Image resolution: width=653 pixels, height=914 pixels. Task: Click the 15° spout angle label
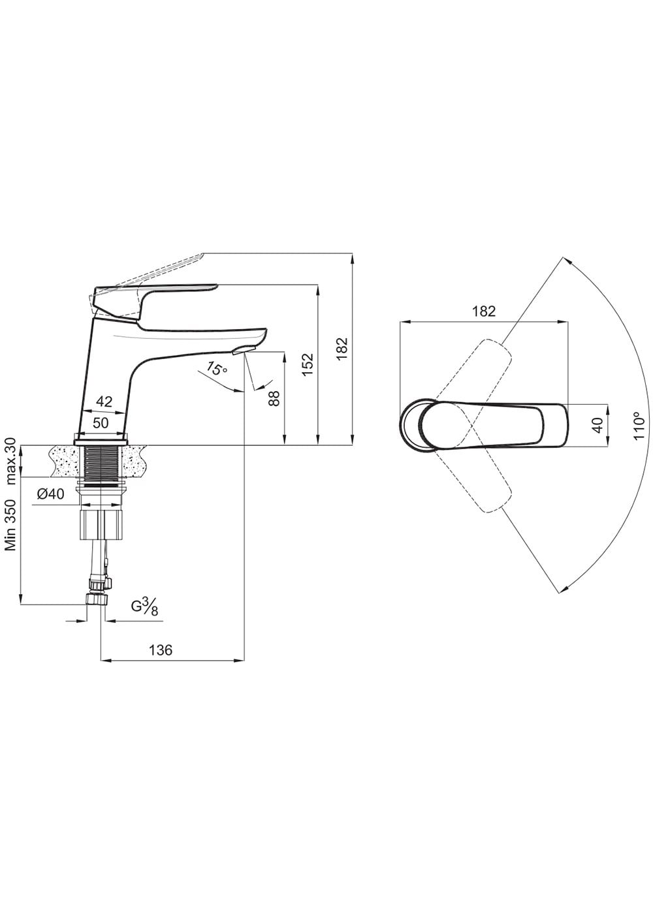(x=216, y=370)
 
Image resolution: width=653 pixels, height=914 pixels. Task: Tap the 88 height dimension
(x=275, y=398)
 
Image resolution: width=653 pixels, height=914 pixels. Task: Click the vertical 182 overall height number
(x=342, y=348)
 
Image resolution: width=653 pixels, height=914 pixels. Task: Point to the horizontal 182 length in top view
(x=484, y=311)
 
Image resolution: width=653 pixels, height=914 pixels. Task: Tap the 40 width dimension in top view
(x=597, y=425)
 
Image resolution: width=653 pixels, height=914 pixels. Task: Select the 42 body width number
(x=104, y=402)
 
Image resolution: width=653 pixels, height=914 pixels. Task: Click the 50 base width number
(x=101, y=423)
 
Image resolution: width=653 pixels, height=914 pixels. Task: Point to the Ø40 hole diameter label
(x=51, y=494)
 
